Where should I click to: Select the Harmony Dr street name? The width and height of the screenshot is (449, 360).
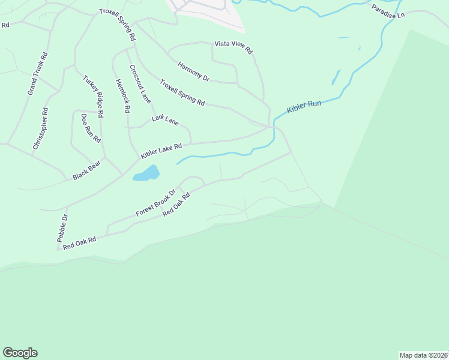(193, 71)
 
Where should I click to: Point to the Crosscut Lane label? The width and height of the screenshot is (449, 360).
(140, 84)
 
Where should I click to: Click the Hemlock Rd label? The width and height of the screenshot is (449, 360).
(122, 96)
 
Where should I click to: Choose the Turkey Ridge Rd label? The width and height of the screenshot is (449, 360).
(94, 96)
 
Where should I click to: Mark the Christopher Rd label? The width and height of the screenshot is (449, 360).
(40, 128)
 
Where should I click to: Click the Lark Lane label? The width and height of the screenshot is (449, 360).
(165, 121)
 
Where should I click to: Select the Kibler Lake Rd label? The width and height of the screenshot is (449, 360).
(161, 151)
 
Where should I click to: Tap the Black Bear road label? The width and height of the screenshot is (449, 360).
(86, 171)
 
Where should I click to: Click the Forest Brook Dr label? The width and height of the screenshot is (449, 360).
(155, 203)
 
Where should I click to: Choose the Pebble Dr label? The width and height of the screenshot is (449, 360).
(63, 228)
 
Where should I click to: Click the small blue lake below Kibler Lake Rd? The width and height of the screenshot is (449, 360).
(147, 173)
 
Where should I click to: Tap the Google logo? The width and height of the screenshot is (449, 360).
(20, 353)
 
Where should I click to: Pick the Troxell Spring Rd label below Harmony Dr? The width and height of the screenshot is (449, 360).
(182, 92)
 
